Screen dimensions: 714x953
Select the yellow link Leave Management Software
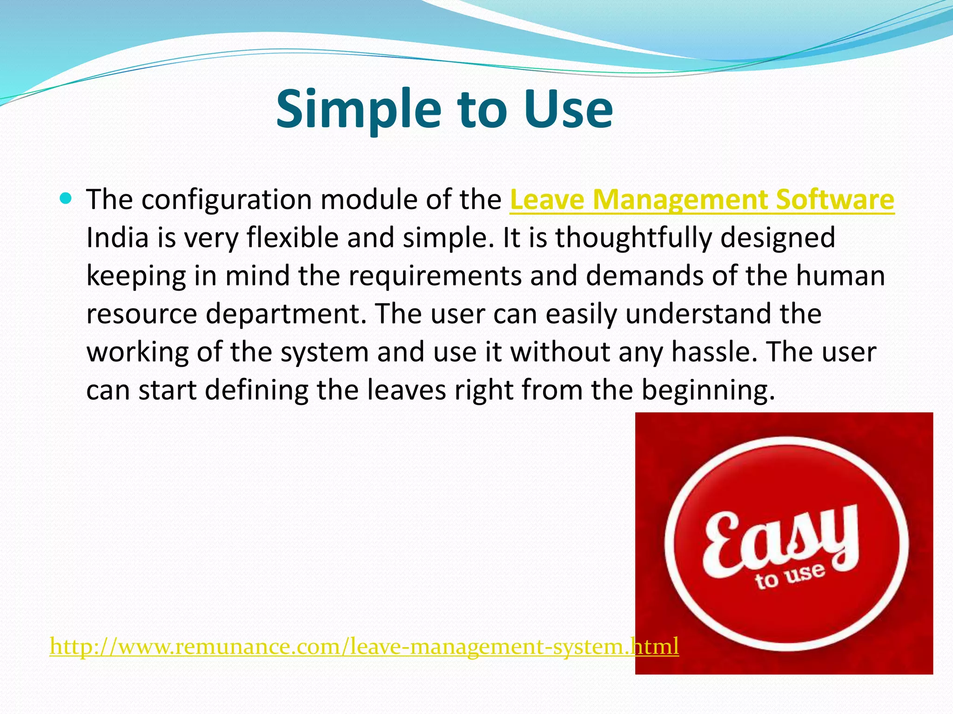point(702,200)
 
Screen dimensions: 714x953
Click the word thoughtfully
point(633,238)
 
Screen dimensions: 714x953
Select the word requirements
point(435,276)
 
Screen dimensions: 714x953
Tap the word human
point(840,276)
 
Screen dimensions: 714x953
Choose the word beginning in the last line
point(708,390)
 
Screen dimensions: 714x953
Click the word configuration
point(226,200)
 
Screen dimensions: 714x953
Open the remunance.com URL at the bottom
point(364,647)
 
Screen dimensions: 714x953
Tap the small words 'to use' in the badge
point(790,576)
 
